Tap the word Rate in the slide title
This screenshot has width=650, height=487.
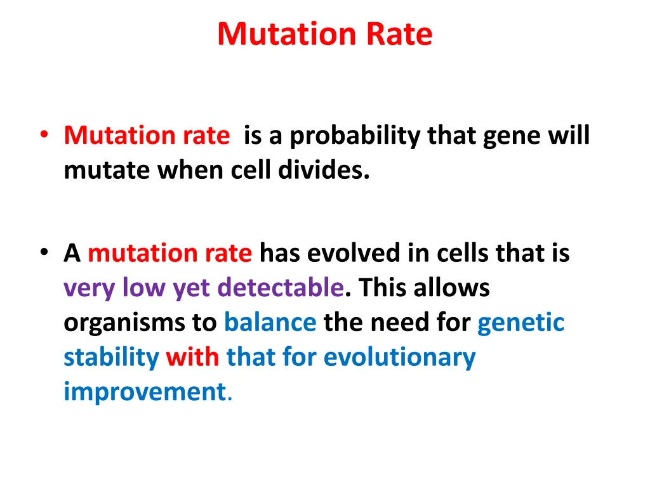click(399, 34)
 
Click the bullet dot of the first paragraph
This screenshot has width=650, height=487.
click(43, 135)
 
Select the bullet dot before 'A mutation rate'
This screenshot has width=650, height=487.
click(43, 253)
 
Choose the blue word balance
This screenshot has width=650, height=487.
click(270, 323)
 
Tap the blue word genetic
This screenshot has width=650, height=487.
click(521, 323)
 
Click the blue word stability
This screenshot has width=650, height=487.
click(111, 358)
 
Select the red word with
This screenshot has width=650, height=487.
click(192, 358)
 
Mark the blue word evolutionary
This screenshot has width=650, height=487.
click(399, 358)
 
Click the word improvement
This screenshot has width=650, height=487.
click(144, 393)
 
